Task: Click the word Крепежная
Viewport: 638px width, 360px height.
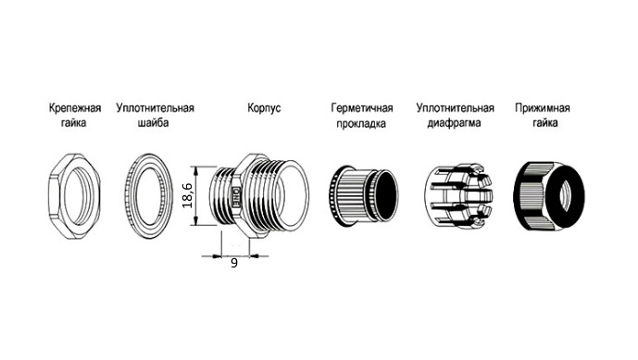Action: pos(75,108)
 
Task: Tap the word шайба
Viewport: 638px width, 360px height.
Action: pos(153,122)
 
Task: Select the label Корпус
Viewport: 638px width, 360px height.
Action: pos(264,108)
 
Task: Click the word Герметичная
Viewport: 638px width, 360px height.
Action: pos(362,108)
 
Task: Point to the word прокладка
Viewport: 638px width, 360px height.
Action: pos(361,123)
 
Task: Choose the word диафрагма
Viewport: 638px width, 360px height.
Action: pos(454,123)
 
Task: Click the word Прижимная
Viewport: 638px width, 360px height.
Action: pos(543,108)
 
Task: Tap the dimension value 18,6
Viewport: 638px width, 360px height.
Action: pos(187,195)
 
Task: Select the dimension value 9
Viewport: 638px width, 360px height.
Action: pos(234,263)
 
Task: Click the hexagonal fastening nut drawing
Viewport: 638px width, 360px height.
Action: pos(55,196)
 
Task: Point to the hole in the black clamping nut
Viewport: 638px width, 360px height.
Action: pos(566,197)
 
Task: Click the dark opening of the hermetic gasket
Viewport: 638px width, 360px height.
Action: pos(384,196)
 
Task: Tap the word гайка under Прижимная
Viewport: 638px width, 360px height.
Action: pos(545,123)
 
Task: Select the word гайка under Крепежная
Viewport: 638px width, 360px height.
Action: pos(74,123)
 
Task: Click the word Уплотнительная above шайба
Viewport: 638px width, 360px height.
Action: pos(155,108)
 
